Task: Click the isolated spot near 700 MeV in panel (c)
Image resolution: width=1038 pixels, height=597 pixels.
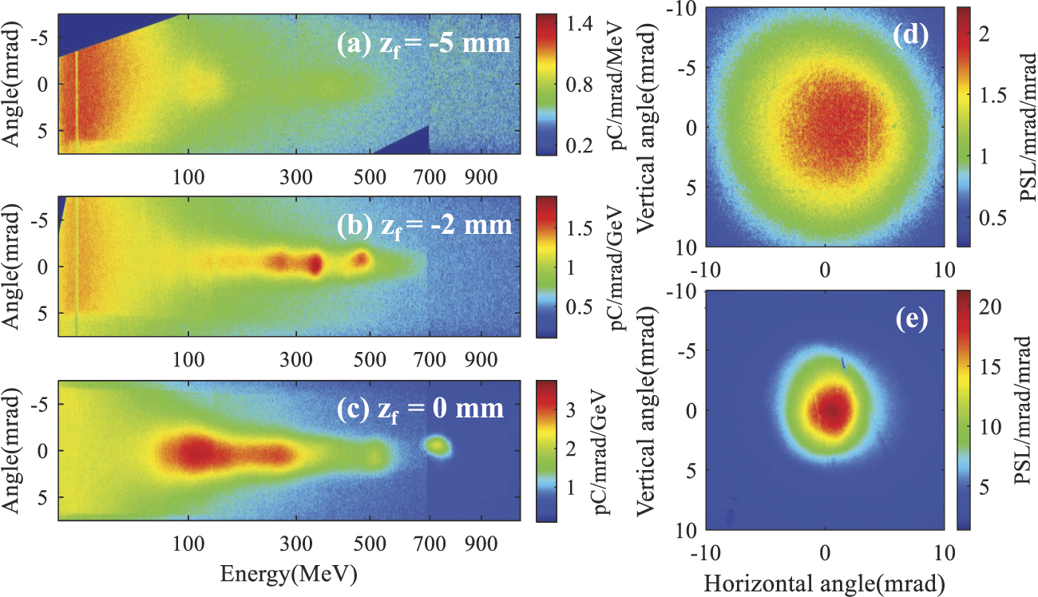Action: click(437, 446)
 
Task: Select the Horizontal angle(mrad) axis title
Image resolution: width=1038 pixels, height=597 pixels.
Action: click(826, 580)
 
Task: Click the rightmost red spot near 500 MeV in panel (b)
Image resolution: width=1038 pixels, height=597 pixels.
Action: click(362, 259)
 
